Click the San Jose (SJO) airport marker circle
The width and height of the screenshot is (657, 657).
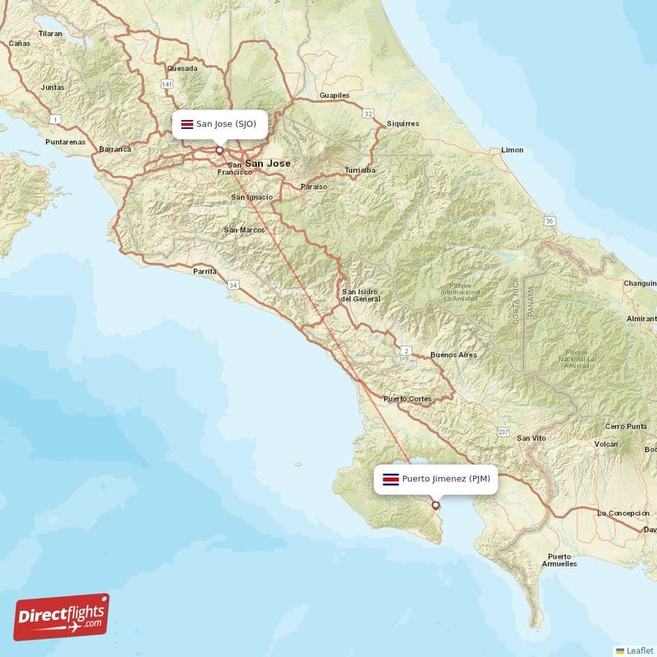219,150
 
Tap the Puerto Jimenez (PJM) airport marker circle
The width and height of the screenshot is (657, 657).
435,505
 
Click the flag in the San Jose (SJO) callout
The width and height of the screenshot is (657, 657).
186,124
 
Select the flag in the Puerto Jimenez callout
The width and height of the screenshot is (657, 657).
391,479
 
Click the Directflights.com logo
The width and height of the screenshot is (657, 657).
62,617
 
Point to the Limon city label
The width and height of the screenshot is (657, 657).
512,150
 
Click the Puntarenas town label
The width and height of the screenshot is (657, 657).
66,141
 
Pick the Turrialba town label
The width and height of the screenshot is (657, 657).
360,170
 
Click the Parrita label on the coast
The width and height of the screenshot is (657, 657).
204,270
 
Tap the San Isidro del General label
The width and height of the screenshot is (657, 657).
361,295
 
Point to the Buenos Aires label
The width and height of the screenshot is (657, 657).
453,355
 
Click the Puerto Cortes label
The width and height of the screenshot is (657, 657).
407,399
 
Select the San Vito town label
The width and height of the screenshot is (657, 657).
531,439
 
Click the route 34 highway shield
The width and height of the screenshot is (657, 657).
234,285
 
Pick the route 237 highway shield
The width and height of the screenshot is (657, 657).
503,431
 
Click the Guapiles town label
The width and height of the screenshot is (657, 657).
334,95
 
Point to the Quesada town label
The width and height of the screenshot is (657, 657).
181,68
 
